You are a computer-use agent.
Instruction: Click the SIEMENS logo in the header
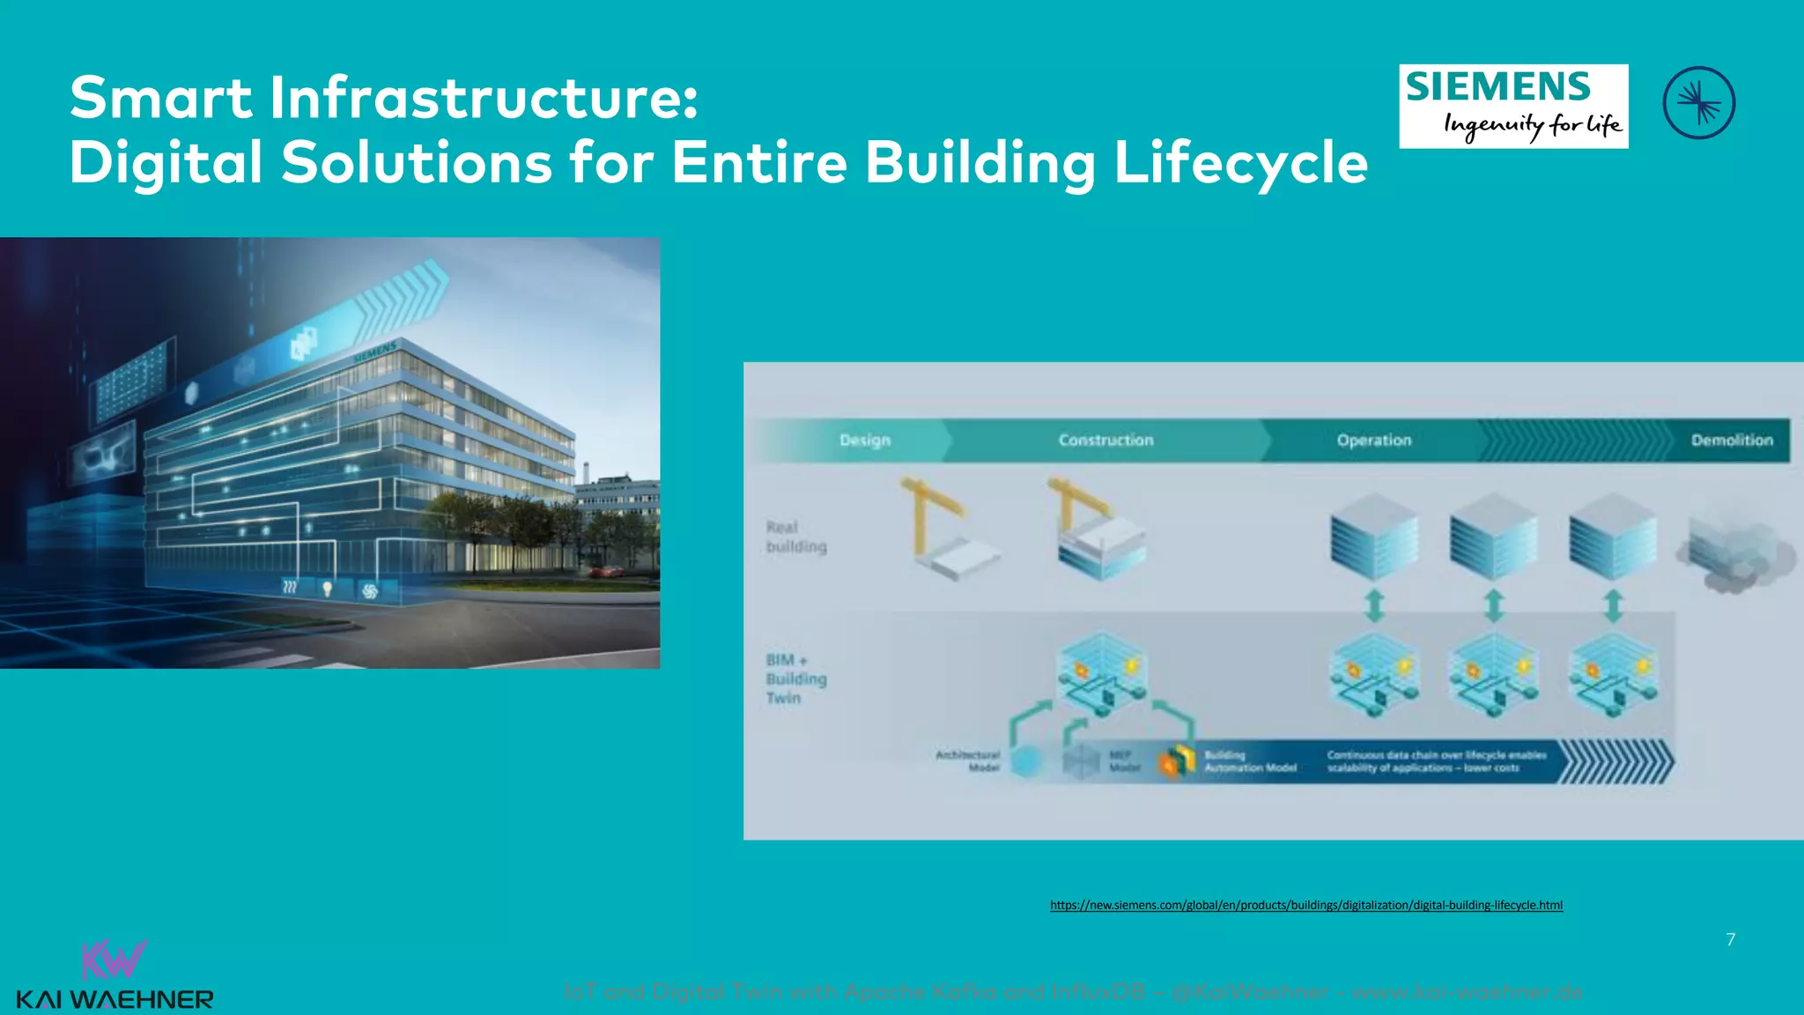(x=1512, y=106)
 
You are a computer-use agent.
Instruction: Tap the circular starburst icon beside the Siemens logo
(x=1698, y=103)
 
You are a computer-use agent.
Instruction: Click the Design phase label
(x=864, y=440)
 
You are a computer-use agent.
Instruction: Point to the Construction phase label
(x=1105, y=440)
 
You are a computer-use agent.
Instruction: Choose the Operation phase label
(x=1373, y=440)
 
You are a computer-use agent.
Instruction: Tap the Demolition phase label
(x=1731, y=440)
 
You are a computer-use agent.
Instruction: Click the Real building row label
(x=795, y=537)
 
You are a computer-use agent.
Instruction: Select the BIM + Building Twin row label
(x=795, y=678)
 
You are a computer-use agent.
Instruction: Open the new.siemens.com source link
(x=1305, y=905)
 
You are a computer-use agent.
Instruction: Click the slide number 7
(x=1730, y=939)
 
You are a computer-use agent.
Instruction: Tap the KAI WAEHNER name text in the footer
(x=115, y=1000)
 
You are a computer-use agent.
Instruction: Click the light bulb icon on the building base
(x=328, y=588)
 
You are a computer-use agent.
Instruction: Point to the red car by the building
(x=606, y=571)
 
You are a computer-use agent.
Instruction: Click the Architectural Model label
(x=968, y=761)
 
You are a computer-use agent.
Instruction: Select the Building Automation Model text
(x=1250, y=761)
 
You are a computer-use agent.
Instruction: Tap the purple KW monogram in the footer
(x=114, y=960)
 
